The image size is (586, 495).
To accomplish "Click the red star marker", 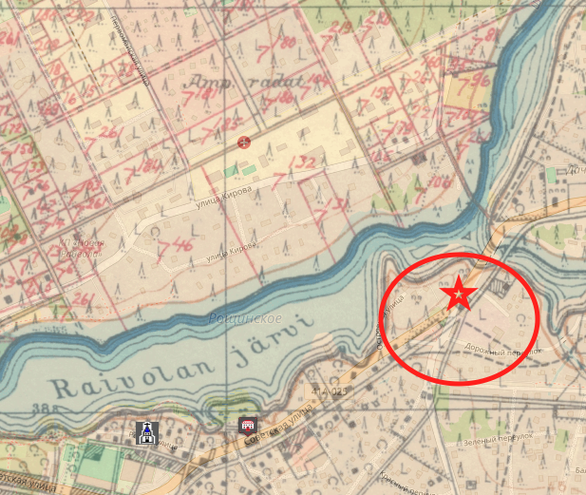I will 460,295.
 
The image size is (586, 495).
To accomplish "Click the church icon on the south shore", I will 144,432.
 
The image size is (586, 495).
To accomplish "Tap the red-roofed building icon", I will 248,426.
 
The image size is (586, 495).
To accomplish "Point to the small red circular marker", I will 244,143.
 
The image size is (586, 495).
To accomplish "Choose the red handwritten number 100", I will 440,180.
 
